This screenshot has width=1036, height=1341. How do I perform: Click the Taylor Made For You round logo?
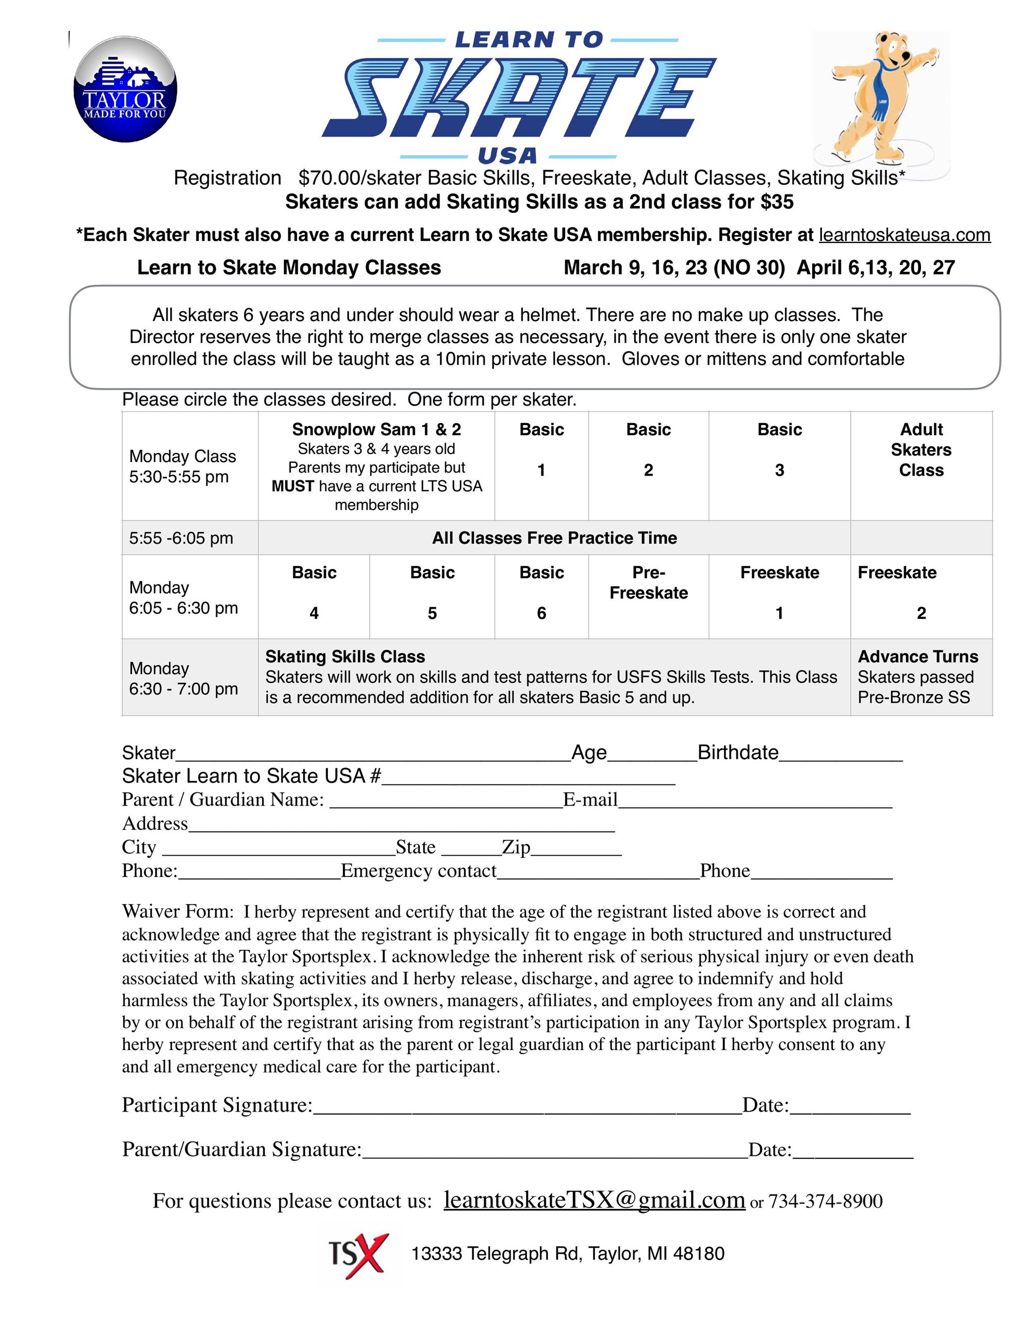[x=125, y=90]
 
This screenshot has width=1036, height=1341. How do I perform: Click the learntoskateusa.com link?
[x=904, y=235]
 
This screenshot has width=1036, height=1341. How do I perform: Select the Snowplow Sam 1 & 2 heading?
[x=376, y=429]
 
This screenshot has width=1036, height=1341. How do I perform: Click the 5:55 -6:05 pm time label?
[x=181, y=538]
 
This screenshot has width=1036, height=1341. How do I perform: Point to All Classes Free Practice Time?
[x=554, y=538]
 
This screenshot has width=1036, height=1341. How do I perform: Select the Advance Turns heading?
[x=917, y=657]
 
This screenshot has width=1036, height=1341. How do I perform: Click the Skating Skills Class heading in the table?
[x=345, y=657]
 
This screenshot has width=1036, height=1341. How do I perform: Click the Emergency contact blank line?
[x=598, y=874]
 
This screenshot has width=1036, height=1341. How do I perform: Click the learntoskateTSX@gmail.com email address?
[x=594, y=1199]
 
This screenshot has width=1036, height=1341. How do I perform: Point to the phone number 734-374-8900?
[x=825, y=1201]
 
